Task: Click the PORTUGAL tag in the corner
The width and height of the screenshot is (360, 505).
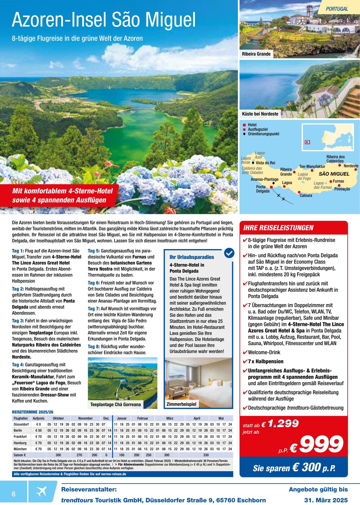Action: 337,9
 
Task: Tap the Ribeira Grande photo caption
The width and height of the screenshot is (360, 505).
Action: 256,54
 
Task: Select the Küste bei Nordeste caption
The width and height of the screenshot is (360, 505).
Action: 260,114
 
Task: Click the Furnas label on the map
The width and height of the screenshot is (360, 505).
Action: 338,181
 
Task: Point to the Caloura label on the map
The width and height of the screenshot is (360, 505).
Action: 306,195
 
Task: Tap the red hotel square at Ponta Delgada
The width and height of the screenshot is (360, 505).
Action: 271,187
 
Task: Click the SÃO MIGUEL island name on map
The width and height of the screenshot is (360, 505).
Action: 334,174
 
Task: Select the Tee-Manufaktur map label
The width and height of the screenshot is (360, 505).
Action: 312,166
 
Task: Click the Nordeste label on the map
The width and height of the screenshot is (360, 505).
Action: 351,166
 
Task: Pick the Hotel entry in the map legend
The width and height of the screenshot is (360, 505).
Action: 252,125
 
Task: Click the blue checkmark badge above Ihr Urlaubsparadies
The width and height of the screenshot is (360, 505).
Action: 229,253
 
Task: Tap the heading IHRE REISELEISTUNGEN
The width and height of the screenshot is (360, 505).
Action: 278,228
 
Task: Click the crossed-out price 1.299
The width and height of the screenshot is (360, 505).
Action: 283,424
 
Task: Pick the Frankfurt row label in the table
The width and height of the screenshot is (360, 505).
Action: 20,437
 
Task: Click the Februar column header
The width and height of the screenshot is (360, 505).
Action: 143,418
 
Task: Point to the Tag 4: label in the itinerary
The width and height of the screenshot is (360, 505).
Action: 18,365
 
